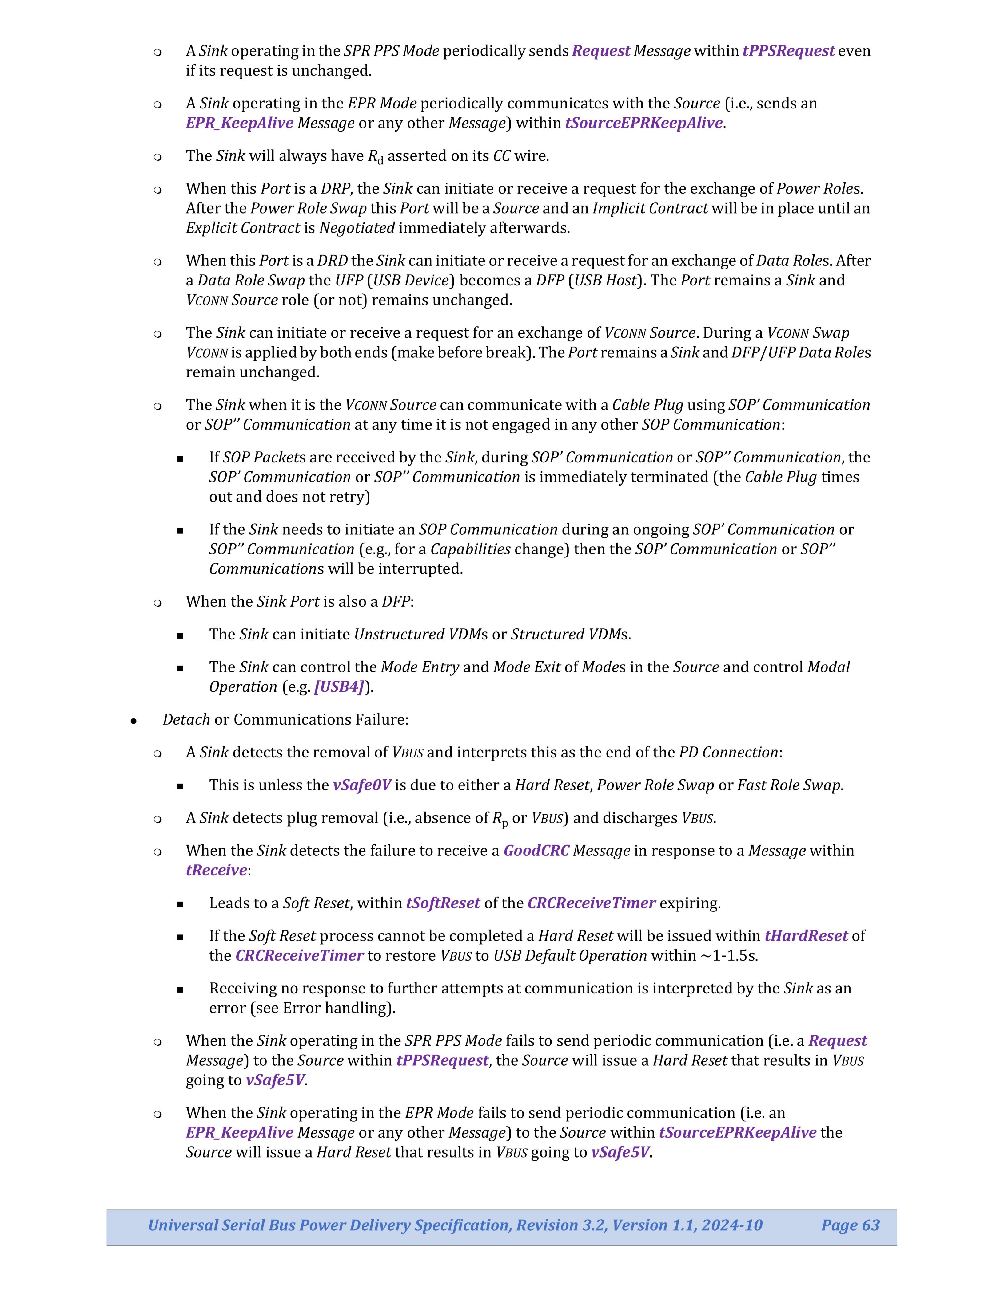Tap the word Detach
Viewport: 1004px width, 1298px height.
(x=186, y=720)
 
